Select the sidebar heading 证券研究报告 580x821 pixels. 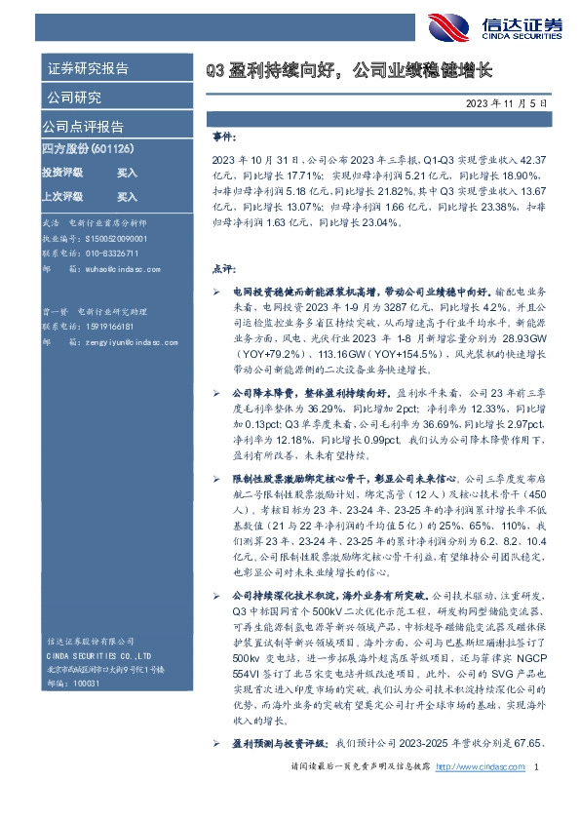point(87,69)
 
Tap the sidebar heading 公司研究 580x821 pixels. point(73,98)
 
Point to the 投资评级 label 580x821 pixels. point(61,172)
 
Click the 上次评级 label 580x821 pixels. point(61,196)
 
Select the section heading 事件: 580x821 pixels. point(222,138)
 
